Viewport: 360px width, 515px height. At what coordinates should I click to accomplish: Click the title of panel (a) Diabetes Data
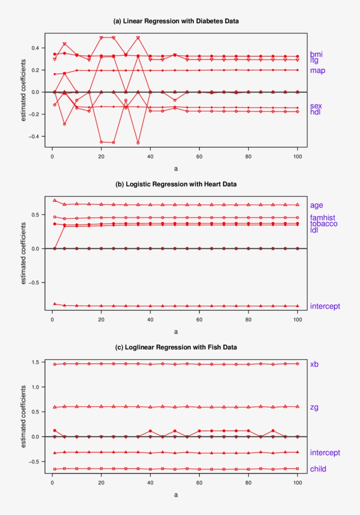pyautogui.click(x=176, y=21)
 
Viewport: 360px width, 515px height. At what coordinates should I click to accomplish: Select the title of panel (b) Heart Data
pyautogui.click(x=176, y=184)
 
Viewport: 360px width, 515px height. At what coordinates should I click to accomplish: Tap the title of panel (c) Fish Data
pyautogui.click(x=176, y=347)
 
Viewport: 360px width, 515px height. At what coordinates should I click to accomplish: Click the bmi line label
pyautogui.click(x=316, y=54)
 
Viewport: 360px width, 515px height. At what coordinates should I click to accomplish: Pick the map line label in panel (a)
pyautogui.click(x=317, y=70)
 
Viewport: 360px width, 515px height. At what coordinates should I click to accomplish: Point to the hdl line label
pyautogui.click(x=316, y=112)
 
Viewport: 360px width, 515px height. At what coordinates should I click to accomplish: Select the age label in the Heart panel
pyautogui.click(x=317, y=205)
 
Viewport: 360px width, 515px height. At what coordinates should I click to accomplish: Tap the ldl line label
pyautogui.click(x=314, y=230)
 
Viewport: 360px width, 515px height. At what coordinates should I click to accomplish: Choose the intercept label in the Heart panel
pyautogui.click(x=325, y=306)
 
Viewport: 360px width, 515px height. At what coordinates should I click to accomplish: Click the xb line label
pyautogui.click(x=314, y=364)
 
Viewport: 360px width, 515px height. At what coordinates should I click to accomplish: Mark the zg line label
pyautogui.click(x=314, y=408)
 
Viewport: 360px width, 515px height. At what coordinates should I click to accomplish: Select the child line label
pyautogui.click(x=318, y=469)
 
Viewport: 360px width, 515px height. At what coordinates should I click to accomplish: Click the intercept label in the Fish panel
pyautogui.click(x=325, y=453)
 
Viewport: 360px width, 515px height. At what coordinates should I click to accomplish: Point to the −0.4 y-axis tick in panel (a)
pyautogui.click(x=35, y=136)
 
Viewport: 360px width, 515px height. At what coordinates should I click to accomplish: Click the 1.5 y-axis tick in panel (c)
pyautogui.click(x=37, y=362)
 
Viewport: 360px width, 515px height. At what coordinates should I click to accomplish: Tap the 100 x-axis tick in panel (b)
pyautogui.click(x=297, y=319)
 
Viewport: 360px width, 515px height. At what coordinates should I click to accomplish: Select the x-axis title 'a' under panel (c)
pyautogui.click(x=176, y=494)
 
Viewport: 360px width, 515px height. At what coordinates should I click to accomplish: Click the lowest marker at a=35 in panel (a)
pyautogui.click(x=138, y=143)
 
